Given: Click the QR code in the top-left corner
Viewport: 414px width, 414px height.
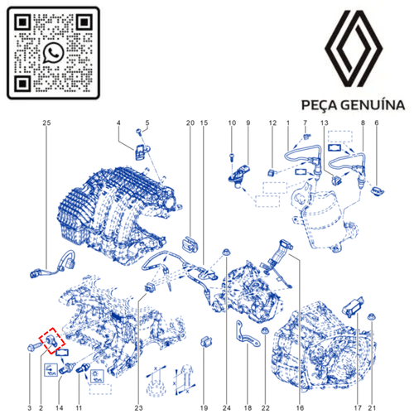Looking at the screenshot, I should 53,52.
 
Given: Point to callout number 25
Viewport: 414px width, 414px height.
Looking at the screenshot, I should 46,123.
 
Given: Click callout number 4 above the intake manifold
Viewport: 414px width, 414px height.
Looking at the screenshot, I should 119,123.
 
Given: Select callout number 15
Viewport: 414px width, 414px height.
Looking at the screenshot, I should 204,123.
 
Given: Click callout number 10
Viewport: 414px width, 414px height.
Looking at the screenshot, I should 232,123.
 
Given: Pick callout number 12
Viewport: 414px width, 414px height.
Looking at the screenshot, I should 272,123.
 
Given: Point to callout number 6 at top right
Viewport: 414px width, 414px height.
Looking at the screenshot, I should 376,123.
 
